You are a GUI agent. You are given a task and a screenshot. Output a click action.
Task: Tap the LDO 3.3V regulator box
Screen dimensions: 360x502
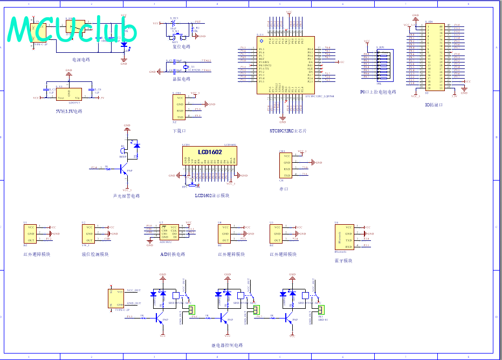click(x=68, y=94)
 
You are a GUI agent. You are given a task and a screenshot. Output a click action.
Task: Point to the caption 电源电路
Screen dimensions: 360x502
click(x=81, y=59)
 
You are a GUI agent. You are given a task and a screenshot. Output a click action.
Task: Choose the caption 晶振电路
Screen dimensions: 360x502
click(x=181, y=79)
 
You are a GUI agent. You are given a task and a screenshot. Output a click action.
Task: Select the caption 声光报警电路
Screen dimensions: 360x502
click(x=126, y=196)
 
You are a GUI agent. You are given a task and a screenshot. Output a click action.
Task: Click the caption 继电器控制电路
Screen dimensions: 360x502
click(x=227, y=345)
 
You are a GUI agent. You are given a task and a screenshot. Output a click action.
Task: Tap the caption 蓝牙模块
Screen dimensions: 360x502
click(x=343, y=261)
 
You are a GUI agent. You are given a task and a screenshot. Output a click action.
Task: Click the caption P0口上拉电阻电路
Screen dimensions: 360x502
click(x=378, y=92)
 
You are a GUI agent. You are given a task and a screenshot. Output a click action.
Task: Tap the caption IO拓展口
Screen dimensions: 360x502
click(x=434, y=105)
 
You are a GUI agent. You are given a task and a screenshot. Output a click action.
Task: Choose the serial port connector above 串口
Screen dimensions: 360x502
click(x=286, y=165)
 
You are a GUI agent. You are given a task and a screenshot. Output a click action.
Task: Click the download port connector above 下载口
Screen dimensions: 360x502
click(x=179, y=107)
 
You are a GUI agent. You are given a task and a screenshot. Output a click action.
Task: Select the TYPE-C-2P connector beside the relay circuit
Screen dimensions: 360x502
click(x=116, y=298)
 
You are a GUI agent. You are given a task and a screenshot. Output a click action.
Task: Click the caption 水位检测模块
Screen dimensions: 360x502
click(x=95, y=254)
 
